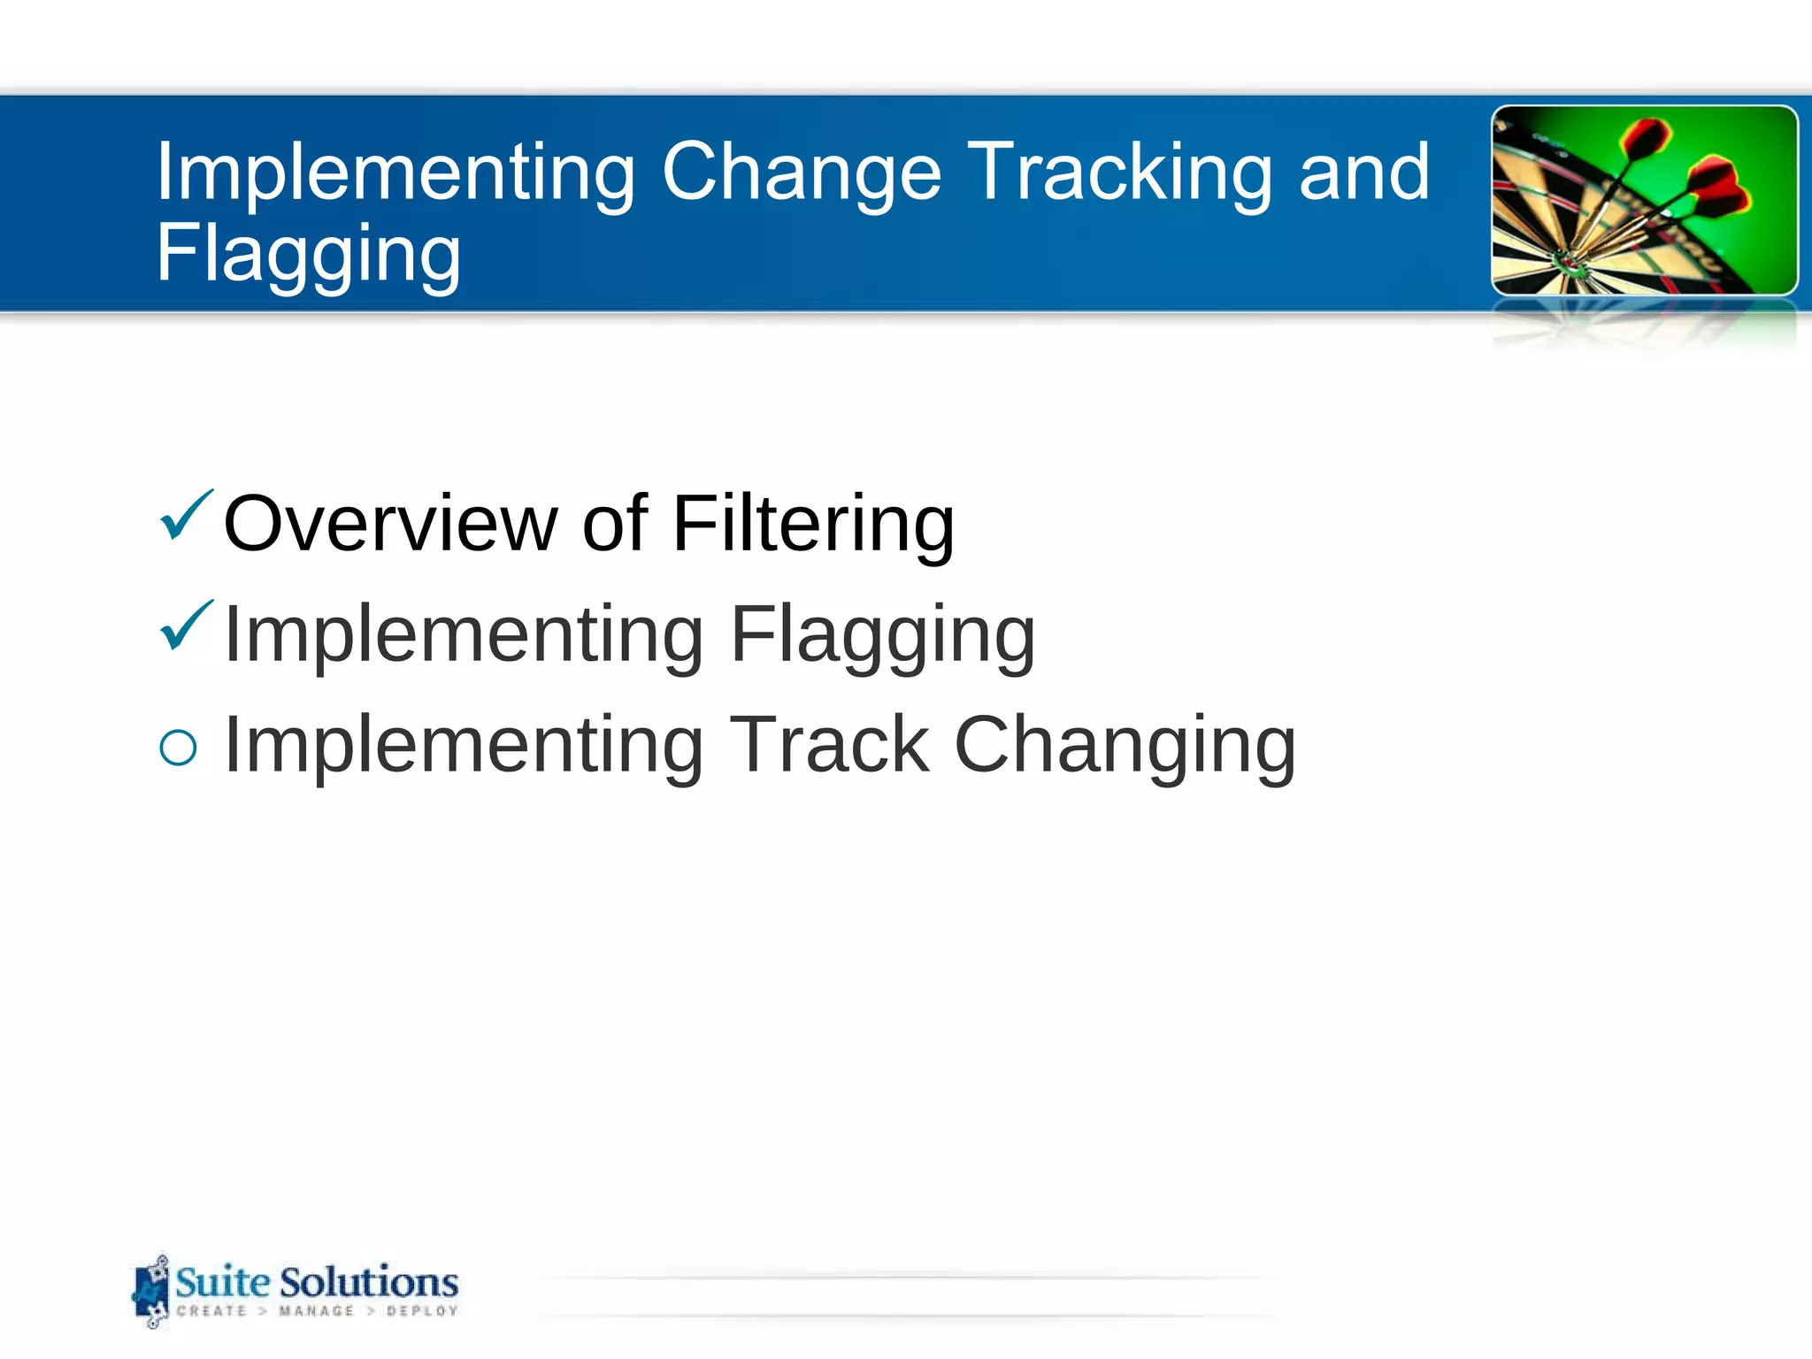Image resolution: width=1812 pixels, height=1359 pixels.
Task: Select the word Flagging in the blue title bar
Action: (x=308, y=254)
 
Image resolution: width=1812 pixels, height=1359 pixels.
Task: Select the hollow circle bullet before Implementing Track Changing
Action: (x=178, y=748)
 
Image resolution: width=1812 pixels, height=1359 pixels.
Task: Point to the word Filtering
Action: (x=813, y=524)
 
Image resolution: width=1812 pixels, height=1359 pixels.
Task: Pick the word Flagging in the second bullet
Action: (x=882, y=634)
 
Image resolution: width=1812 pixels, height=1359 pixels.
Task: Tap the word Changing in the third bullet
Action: (x=1125, y=745)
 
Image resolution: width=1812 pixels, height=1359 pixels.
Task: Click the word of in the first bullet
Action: (x=615, y=524)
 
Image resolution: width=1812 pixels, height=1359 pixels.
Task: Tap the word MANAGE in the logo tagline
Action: (x=316, y=1311)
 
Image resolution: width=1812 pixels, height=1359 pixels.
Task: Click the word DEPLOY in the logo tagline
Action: (x=422, y=1311)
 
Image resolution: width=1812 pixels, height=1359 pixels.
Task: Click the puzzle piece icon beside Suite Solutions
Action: (x=150, y=1292)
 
